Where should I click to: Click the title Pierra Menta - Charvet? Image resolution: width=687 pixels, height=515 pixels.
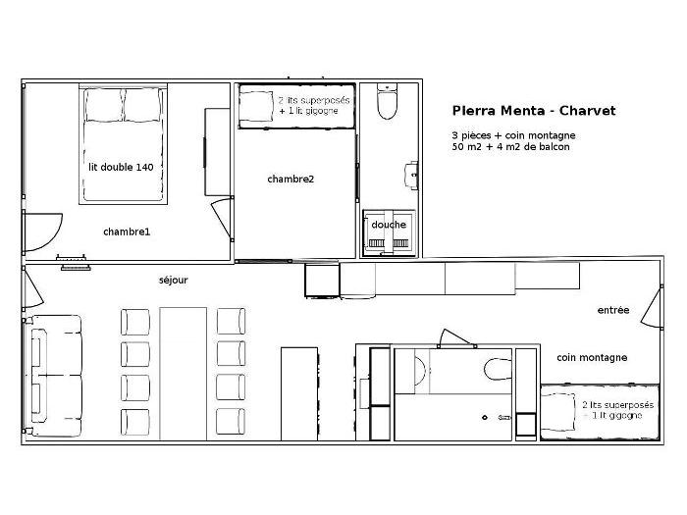pos(534,110)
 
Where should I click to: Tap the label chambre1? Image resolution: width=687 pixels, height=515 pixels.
pos(127,232)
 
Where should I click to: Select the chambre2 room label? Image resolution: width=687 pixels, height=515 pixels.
pos(291,180)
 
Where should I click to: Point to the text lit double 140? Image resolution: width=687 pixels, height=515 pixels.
pos(121,168)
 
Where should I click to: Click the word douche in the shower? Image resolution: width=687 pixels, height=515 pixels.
pos(389,225)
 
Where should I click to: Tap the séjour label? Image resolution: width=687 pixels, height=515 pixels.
pos(173,281)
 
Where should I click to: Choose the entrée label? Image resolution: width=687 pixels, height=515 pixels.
pos(613,310)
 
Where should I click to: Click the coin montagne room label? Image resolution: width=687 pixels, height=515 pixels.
pos(592,358)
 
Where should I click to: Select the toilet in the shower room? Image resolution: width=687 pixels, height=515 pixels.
pos(388,101)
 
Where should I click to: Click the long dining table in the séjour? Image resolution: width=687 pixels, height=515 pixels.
pos(184,374)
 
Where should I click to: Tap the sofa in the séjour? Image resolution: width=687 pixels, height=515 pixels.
pos(54,376)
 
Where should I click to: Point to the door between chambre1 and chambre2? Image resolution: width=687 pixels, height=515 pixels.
pos(222,219)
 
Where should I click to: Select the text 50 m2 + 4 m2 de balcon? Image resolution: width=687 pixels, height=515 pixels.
pos(511,147)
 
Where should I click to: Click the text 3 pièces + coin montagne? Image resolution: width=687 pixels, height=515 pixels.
pos(513,135)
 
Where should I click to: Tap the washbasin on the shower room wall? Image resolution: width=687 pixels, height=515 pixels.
pos(412,176)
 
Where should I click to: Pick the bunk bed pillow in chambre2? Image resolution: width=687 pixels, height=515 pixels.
pos(256,105)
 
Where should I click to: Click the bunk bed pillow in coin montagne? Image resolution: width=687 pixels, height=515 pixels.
pos(557,412)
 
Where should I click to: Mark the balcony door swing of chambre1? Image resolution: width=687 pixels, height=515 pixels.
pos(43,232)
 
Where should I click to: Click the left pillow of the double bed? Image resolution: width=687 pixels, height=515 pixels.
pos(103,105)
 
